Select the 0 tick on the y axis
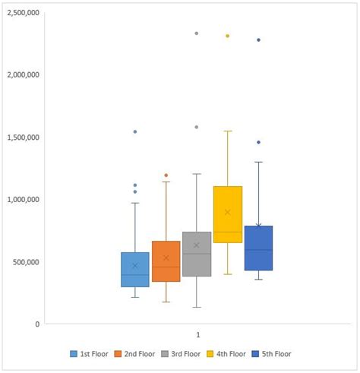[x=35, y=324]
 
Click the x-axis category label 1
[x=197, y=334]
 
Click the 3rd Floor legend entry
[x=180, y=353]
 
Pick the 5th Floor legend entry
[x=270, y=353]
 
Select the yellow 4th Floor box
[x=227, y=214]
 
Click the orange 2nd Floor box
[x=166, y=261]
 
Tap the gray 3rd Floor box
[x=197, y=254]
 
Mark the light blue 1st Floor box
[x=135, y=269]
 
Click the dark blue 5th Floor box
[x=258, y=248]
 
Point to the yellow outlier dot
[x=227, y=36]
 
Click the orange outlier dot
[x=166, y=175]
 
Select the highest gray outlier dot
[x=197, y=33]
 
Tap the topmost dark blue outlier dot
[x=258, y=40]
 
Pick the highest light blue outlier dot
[x=135, y=131]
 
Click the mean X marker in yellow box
[x=227, y=212]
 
